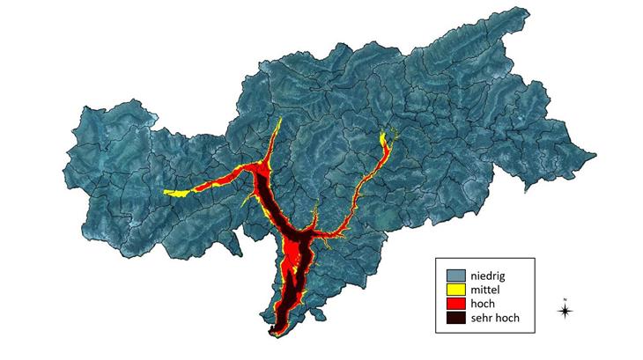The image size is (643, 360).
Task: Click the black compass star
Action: coord(565,310)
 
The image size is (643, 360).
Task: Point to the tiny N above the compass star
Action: coord(565,298)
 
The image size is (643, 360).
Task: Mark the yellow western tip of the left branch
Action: coord(167,193)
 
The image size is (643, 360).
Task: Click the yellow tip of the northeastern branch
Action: coord(385,135)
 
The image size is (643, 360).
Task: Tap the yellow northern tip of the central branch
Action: coord(278,121)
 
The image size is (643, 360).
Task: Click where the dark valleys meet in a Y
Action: coord(299,238)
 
